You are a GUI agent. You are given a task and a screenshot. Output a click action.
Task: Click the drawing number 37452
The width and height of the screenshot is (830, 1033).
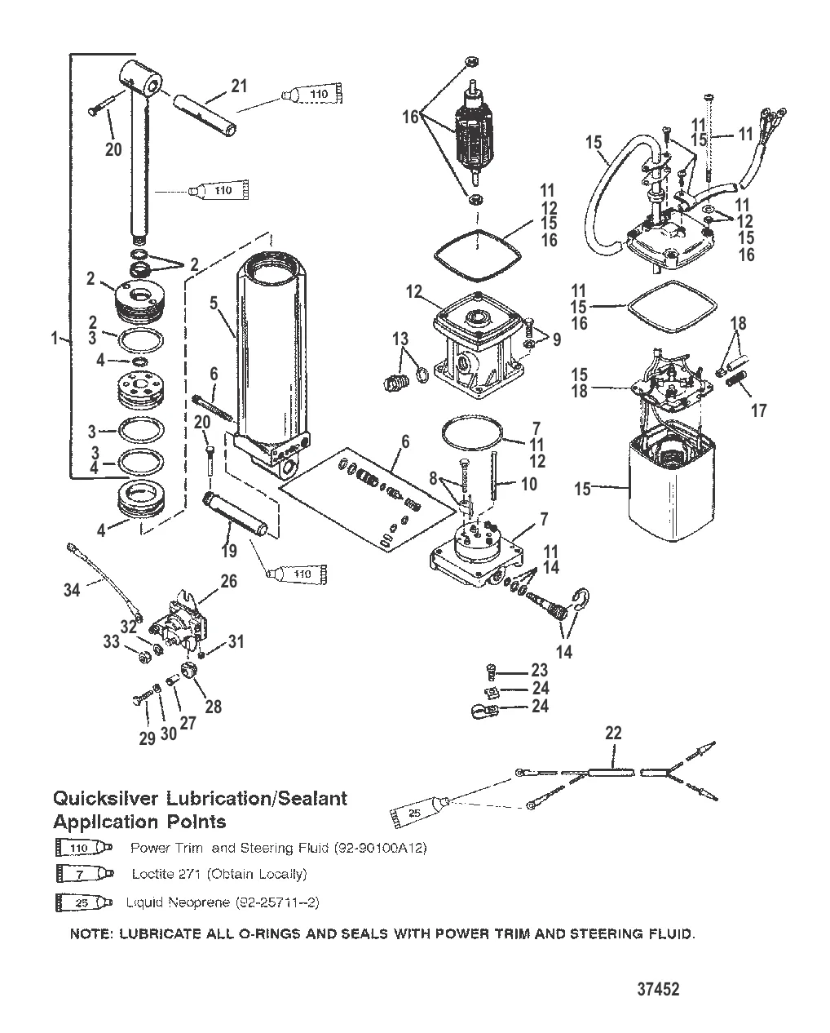657,990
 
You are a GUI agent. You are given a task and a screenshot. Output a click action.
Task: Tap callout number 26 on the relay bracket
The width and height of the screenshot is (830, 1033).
229,581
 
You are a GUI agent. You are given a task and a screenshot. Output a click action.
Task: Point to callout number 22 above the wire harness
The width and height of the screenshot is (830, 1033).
613,733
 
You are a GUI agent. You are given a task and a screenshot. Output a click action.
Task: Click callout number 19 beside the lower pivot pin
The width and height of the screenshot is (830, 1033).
229,552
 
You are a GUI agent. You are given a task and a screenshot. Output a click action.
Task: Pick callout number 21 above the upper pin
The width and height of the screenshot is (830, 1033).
239,86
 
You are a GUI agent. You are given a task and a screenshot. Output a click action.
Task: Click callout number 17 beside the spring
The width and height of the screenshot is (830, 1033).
758,410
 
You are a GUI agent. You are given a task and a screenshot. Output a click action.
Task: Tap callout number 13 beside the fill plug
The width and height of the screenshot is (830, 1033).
400,339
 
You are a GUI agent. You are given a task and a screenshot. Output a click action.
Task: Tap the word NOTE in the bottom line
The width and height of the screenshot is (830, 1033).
91,933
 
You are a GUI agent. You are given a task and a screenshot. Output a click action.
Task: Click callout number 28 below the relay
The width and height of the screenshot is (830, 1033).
213,707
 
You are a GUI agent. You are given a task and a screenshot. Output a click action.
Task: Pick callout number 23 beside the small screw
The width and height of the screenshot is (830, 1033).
539,671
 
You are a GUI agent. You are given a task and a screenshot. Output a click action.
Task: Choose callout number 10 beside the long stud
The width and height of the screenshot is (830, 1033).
529,484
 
